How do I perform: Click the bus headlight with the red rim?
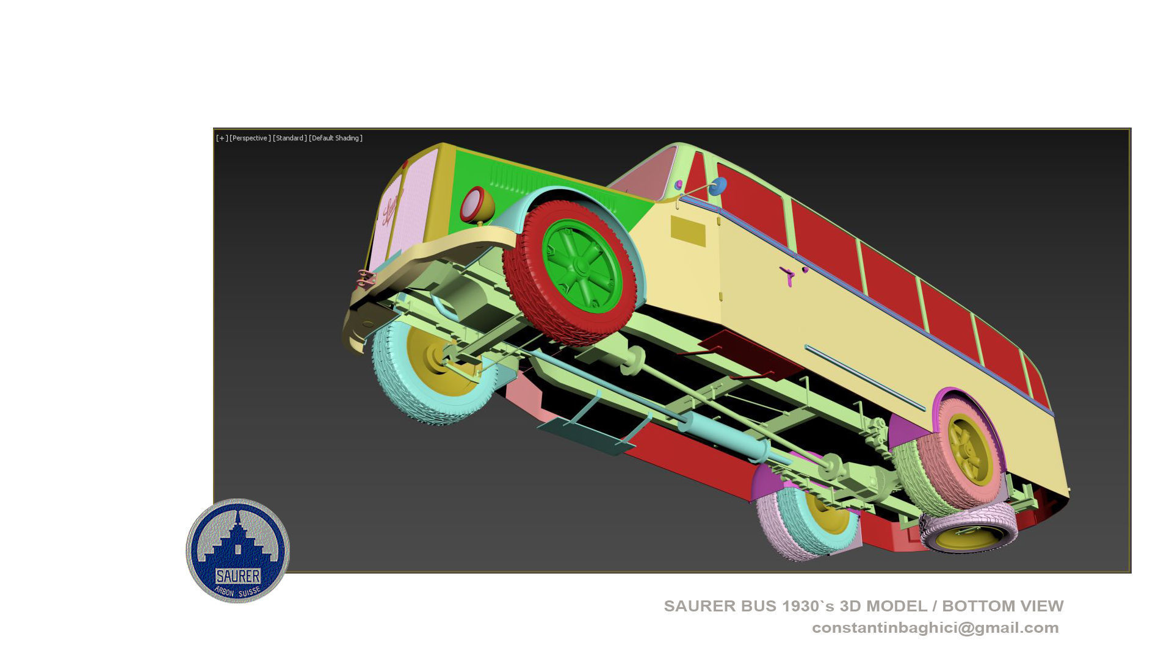tap(472, 204)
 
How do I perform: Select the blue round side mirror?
tap(718, 186)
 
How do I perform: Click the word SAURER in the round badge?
tap(238, 575)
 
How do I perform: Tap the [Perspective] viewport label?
tap(250, 139)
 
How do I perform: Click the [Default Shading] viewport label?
tap(336, 139)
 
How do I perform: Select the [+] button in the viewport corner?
tap(222, 139)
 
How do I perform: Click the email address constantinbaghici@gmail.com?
tap(935, 628)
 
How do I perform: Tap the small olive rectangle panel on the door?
tap(688, 231)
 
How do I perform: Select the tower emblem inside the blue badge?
tap(238, 540)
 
